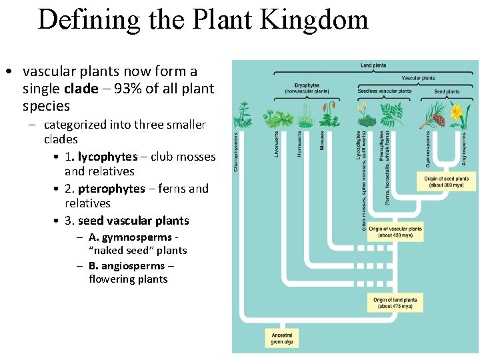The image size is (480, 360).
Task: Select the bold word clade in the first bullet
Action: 81,89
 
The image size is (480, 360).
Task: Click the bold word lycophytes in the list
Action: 107,157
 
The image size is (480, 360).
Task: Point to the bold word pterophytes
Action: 111,189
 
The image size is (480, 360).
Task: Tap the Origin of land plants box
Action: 395,303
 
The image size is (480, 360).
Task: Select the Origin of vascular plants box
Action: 395,232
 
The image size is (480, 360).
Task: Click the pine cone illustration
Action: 438,120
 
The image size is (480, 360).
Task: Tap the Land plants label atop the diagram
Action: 373,65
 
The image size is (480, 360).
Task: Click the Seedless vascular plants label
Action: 385,91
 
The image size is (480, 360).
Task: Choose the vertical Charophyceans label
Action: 236,151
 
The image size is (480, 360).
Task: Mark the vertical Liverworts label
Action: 276,144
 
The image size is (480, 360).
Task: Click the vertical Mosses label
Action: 322,140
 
